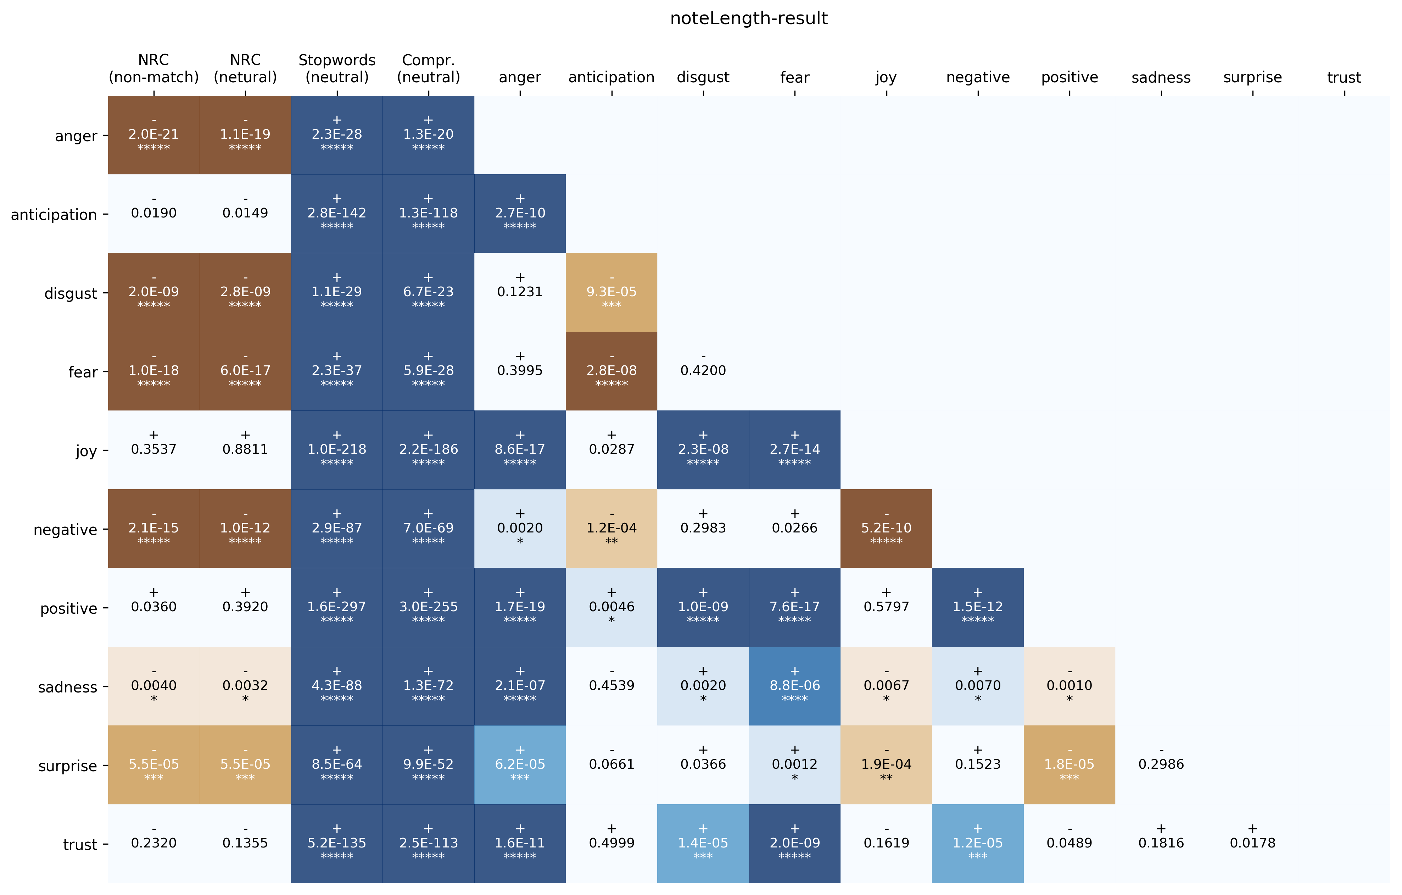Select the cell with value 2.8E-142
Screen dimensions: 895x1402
[336, 213]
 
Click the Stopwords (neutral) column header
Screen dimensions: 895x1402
[336, 69]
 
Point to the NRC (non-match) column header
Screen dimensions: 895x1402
[154, 69]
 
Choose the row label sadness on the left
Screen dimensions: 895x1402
[68, 687]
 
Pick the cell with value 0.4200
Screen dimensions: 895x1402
[703, 371]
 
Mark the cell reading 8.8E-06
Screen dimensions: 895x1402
[794, 686]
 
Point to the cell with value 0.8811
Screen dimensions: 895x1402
[245, 449]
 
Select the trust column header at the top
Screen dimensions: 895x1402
[1344, 77]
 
